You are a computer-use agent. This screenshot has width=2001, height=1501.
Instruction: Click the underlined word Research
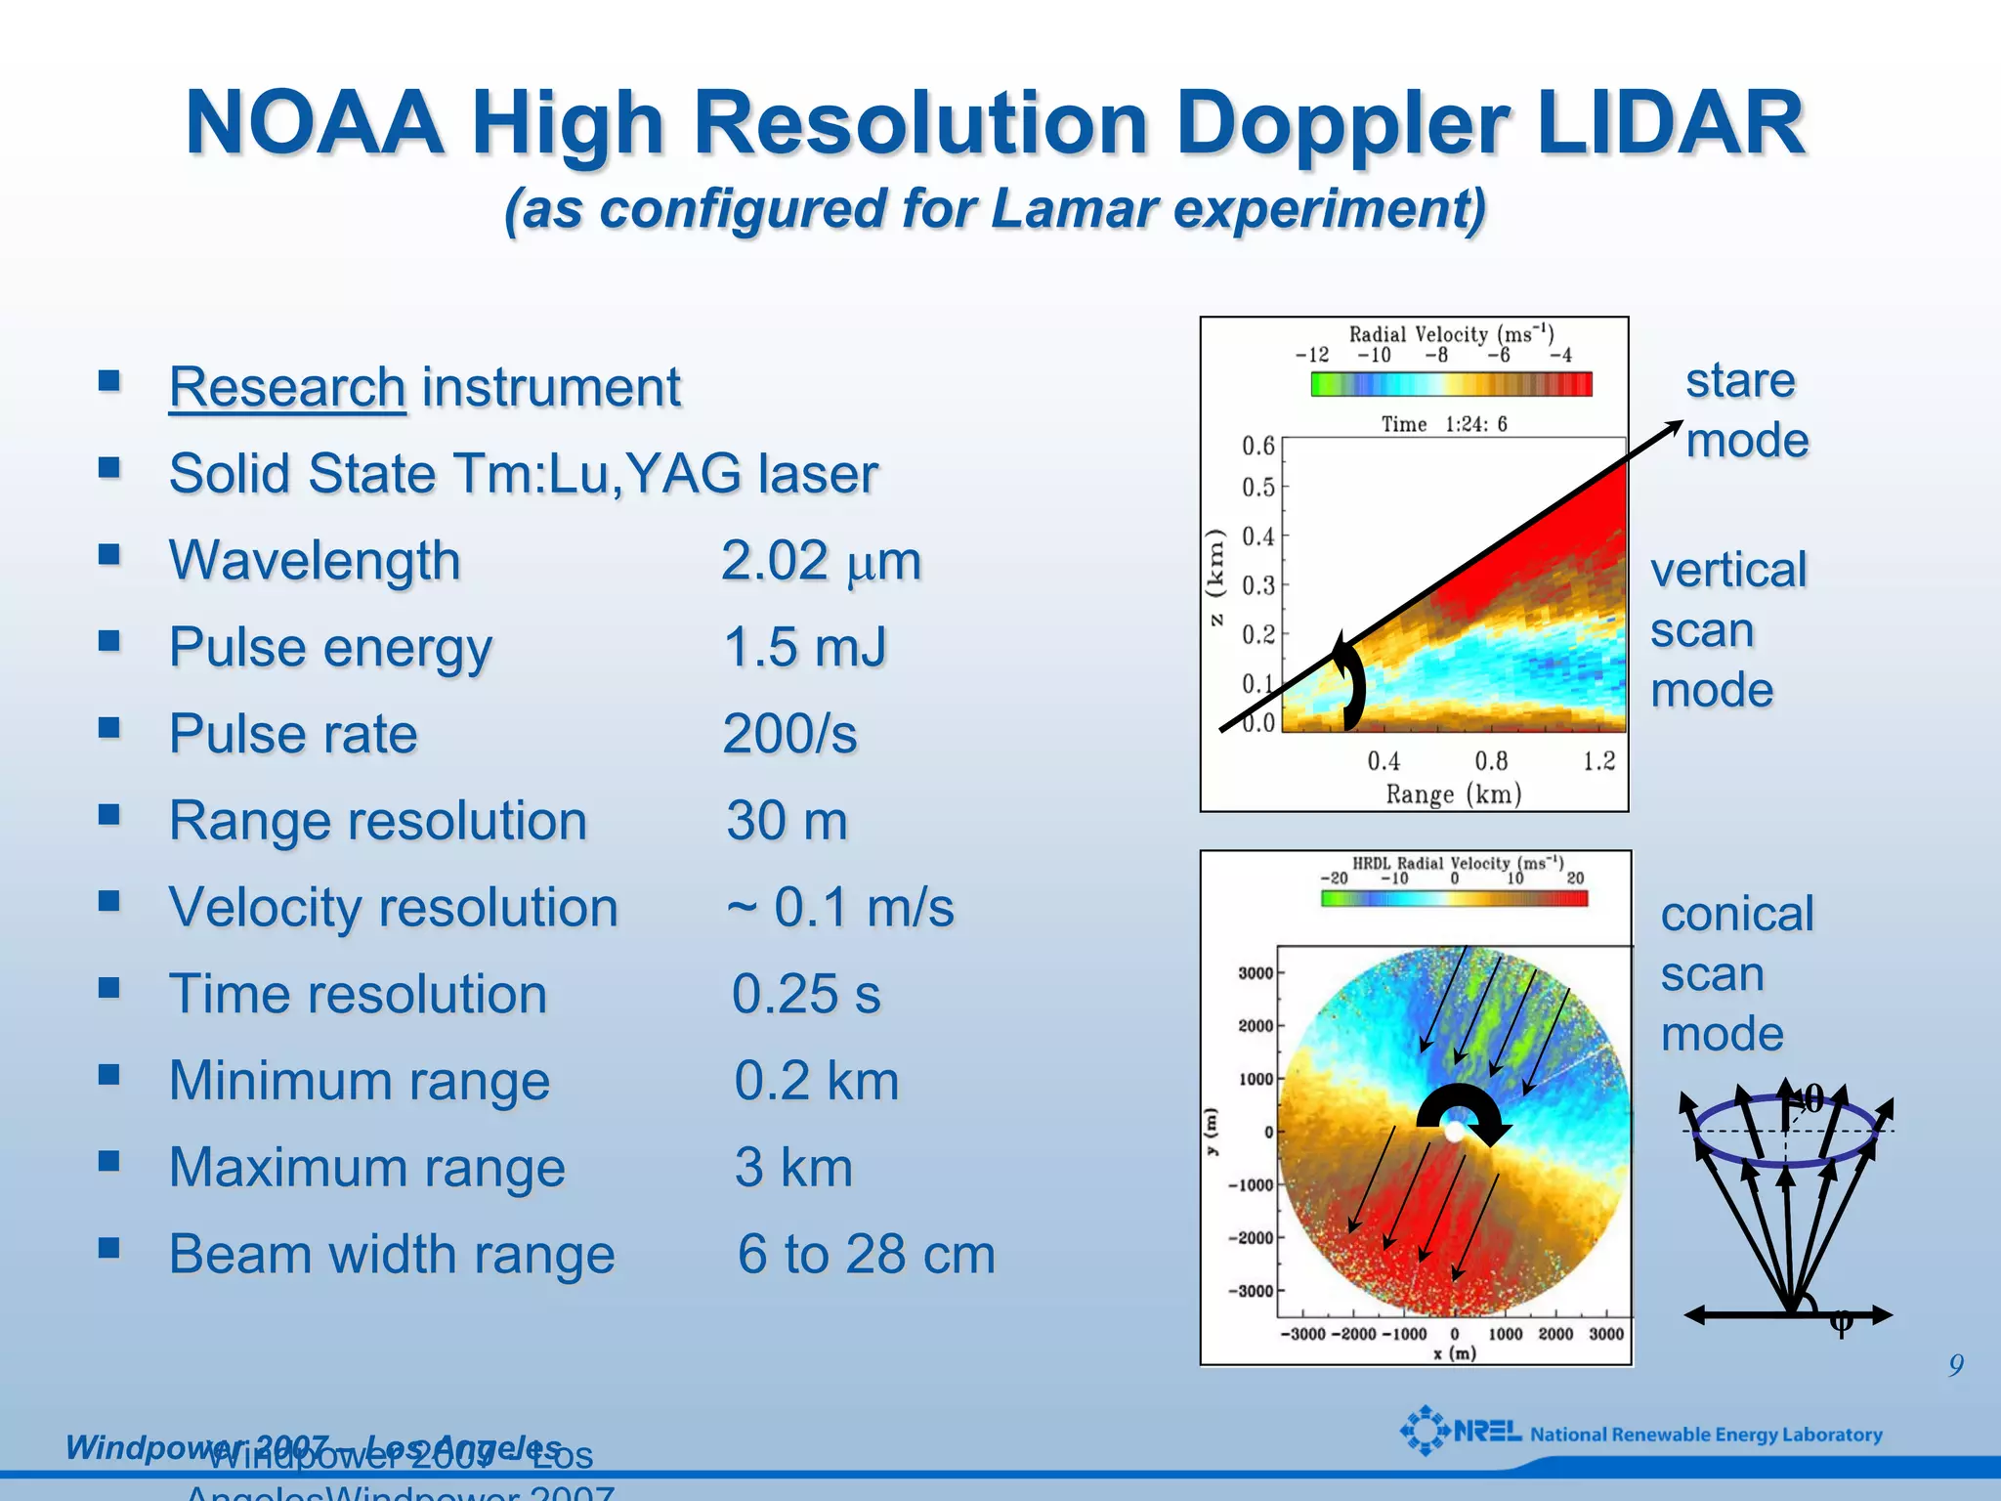(286, 387)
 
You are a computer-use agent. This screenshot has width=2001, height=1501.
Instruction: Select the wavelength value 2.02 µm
(821, 561)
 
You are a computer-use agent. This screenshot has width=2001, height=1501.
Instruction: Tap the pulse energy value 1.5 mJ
(805, 647)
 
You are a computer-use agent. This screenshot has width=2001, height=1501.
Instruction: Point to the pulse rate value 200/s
(789, 734)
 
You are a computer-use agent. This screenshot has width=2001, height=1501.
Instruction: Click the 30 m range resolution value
(787, 821)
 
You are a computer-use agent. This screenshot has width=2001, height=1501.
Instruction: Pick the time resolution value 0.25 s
(806, 994)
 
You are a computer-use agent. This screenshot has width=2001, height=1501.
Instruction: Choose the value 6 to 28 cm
(866, 1254)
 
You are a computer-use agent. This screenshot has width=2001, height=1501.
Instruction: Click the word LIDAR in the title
(1669, 124)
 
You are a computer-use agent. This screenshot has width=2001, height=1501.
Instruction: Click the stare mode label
(1746, 409)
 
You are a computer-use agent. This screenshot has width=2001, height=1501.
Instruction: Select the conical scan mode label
(1736, 973)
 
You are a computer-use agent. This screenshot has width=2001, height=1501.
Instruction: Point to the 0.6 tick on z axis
(1258, 447)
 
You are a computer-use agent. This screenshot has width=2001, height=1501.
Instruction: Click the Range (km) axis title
(1453, 793)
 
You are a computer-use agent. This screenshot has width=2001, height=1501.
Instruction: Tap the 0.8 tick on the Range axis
(1491, 761)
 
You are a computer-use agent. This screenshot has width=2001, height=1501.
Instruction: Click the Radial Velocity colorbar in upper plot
(1451, 384)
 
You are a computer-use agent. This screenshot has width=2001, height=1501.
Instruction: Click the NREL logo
(1461, 1432)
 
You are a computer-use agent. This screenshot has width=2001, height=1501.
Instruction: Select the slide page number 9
(1955, 1365)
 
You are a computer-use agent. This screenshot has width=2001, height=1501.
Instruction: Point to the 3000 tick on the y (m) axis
(1255, 973)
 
